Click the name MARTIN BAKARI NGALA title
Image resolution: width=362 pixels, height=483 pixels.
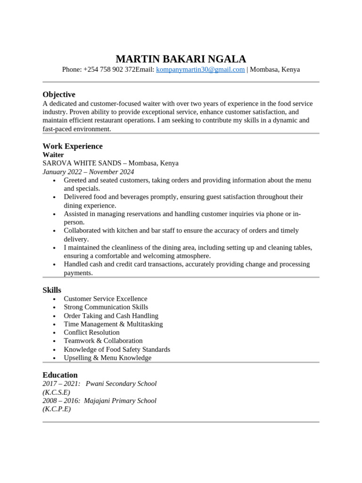[181, 59]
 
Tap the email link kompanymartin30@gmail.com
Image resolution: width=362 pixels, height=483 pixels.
[200, 70]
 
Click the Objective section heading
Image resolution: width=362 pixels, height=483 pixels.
[59, 94]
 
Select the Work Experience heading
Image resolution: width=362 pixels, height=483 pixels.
[73, 146]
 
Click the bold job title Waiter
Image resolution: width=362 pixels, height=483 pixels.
[53, 155]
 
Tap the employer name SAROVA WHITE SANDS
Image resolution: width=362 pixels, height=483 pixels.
[82, 163]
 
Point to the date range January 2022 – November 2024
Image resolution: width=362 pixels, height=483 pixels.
[88, 172]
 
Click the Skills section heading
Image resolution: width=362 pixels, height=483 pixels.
[52, 290]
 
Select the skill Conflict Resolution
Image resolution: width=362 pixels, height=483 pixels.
[91, 333]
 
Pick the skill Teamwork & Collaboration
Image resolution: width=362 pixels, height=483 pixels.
[103, 341]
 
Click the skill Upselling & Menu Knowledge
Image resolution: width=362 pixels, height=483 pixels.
[107, 358]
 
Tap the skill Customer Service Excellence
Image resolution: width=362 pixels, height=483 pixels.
[105, 299]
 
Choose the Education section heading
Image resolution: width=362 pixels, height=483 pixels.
[60, 375]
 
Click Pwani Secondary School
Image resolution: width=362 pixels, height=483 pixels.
[121, 384]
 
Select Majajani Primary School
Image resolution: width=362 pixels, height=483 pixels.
[120, 401]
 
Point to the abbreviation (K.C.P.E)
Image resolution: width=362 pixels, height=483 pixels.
[57, 409]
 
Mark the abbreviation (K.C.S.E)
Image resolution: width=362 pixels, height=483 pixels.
[56, 392]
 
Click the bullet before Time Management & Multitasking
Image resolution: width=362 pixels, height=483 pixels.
[55, 325]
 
